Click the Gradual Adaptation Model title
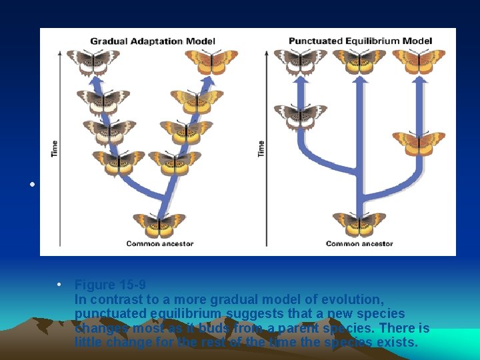point(153,41)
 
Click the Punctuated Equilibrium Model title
point(360,41)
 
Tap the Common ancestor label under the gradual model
point(160,243)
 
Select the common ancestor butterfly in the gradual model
point(159,225)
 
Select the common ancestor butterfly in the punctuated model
point(359,224)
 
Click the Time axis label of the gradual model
point(55,148)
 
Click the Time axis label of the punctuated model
point(261,148)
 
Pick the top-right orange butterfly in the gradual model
point(211,61)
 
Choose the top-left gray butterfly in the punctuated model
point(301,61)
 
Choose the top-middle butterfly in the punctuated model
point(359,61)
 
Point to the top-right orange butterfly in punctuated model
point(419,61)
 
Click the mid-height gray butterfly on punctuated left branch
point(301,115)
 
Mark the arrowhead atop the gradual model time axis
point(61,53)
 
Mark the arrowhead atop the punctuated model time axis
point(267,53)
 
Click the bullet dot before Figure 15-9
point(60,285)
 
